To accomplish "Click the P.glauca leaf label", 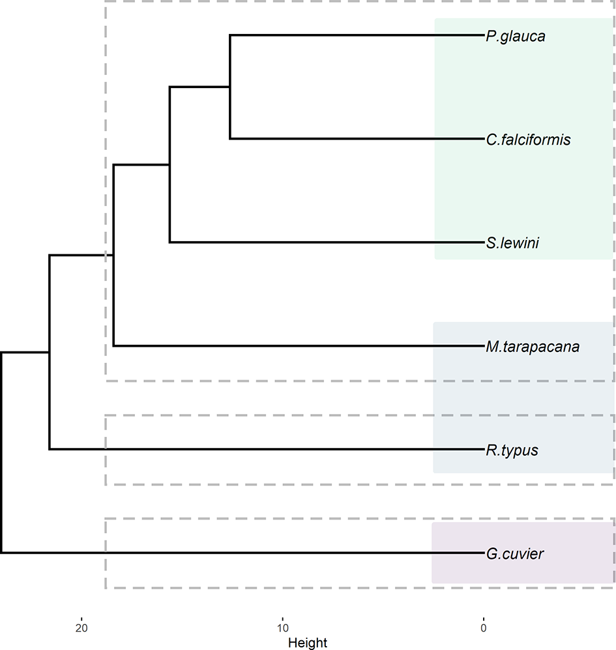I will coord(515,37).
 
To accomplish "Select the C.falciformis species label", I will coord(528,140).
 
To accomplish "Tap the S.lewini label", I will coord(512,243).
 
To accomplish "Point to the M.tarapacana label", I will coord(532,346).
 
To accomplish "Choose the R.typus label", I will coord(512,450).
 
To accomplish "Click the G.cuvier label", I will coord(514,554).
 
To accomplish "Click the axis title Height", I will coord(308,643).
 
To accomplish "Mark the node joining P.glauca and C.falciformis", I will coord(230,87).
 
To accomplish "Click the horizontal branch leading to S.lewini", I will coord(326,243).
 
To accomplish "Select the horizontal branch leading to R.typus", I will coord(261,449).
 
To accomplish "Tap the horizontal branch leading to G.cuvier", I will coord(241,553).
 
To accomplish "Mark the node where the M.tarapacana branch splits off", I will coord(113,255).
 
